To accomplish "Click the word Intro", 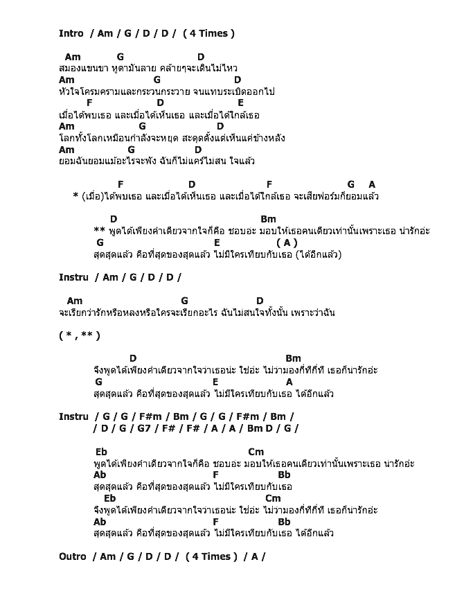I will pos(71,33).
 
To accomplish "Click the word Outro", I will pos(73,556).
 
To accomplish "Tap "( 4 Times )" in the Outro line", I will pos(211,556).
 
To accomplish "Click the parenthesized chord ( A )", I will pos(287,243).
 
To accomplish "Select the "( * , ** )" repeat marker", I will pos(80,335).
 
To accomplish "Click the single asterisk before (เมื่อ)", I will pos(75,197).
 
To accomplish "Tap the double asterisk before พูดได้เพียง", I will pos(98,231).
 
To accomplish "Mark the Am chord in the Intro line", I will pos(105,33).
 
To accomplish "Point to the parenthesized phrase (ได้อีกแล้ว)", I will pos(319,254).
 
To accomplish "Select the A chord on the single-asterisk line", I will pos(372,184).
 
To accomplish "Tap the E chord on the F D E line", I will pos(240,103).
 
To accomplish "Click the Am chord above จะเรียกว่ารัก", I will pos(75,301).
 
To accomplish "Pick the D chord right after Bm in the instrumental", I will pos(269,428).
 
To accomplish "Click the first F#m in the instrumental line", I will pos(150,416).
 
